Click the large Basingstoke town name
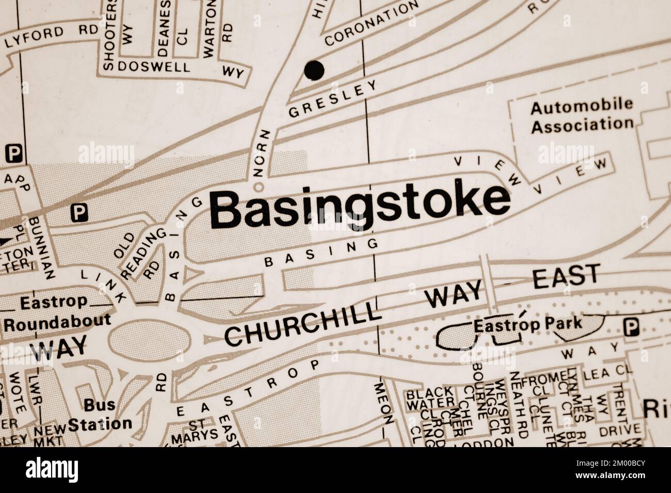pos(359,209)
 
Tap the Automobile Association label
pos(582,116)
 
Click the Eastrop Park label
pos(528,325)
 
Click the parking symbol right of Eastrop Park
pos(630,326)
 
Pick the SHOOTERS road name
pos(110,34)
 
